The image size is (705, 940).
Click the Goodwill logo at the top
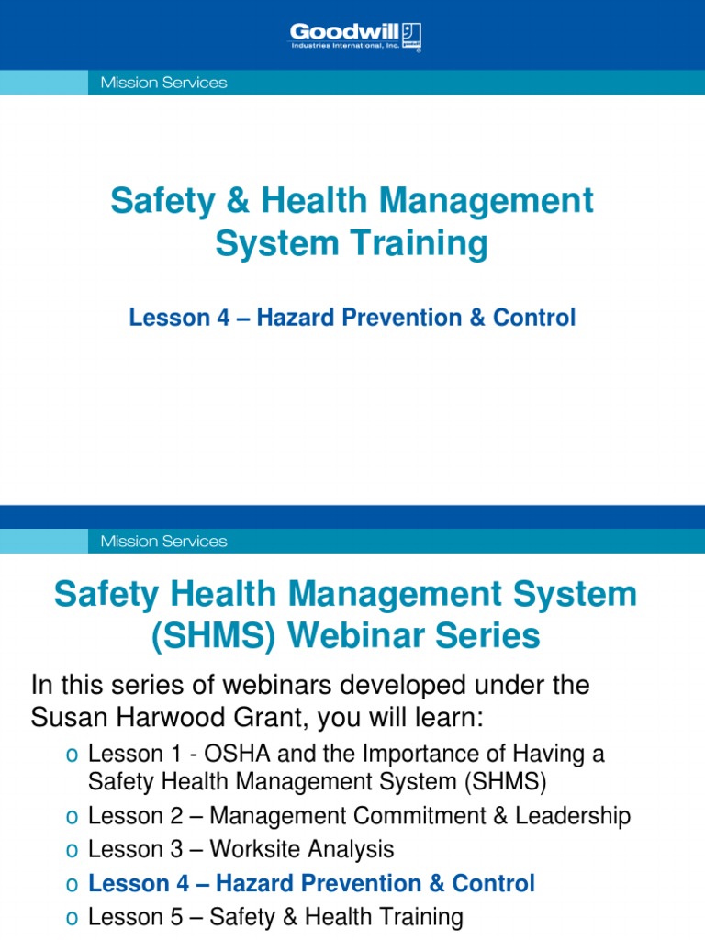pyautogui.click(x=355, y=38)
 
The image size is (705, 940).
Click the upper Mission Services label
pyautogui.click(x=158, y=83)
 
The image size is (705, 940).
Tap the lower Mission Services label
pyautogui.click(x=158, y=542)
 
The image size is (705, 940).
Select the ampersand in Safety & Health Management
pyautogui.click(x=230, y=200)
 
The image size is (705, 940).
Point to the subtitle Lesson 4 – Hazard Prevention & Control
pyautogui.click(x=352, y=318)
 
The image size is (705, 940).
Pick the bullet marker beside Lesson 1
pyautogui.click(x=72, y=755)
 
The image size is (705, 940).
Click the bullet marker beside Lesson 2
pyautogui.click(x=72, y=816)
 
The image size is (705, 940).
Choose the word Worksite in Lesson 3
pyautogui.click(x=262, y=849)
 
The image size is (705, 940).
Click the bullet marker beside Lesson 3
pyautogui.click(x=72, y=850)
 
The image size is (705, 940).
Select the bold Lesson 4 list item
pyautogui.click(x=311, y=883)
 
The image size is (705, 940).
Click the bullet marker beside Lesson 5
pyautogui.click(x=72, y=917)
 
